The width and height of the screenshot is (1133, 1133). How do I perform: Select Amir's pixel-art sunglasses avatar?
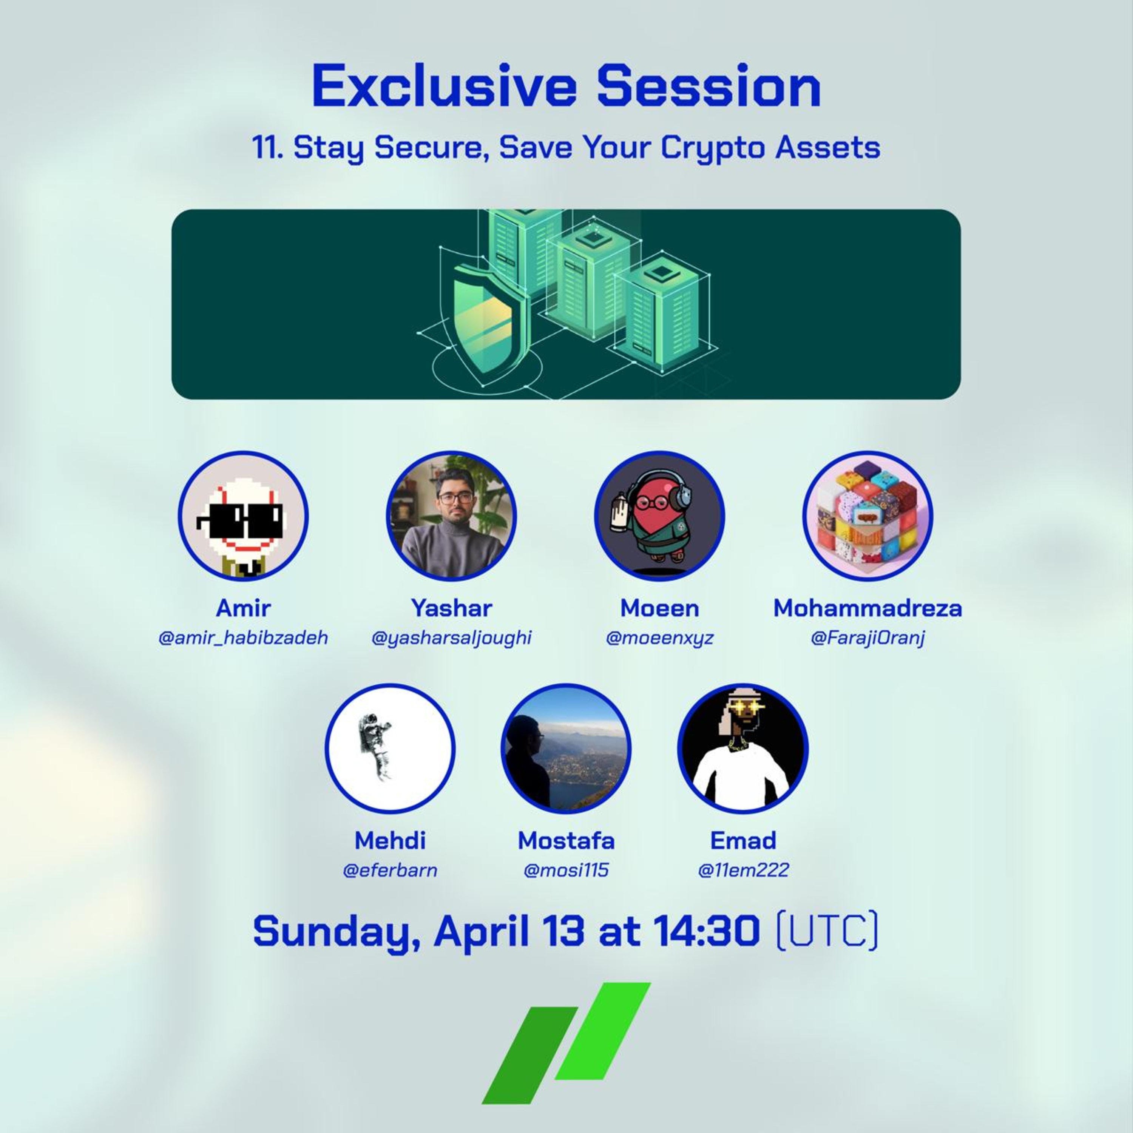243,516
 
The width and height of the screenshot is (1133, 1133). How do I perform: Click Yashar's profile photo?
451,516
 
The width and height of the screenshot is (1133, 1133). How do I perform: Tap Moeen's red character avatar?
659,516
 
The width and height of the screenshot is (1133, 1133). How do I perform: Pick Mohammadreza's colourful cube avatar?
868,516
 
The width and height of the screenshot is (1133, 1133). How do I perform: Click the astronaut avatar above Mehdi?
390,748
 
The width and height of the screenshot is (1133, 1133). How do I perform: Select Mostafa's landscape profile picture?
566,748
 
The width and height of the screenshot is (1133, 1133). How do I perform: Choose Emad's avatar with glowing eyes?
742,748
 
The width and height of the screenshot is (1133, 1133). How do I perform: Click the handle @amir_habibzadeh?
243,638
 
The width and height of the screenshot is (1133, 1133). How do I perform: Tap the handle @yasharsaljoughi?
451,638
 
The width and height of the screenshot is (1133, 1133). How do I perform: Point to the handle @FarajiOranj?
868,638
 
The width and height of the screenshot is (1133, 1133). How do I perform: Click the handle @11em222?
742,870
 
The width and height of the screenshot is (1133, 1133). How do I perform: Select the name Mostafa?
566,840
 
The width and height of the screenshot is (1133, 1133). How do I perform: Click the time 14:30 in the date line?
706,931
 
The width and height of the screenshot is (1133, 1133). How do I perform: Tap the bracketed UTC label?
827,931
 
